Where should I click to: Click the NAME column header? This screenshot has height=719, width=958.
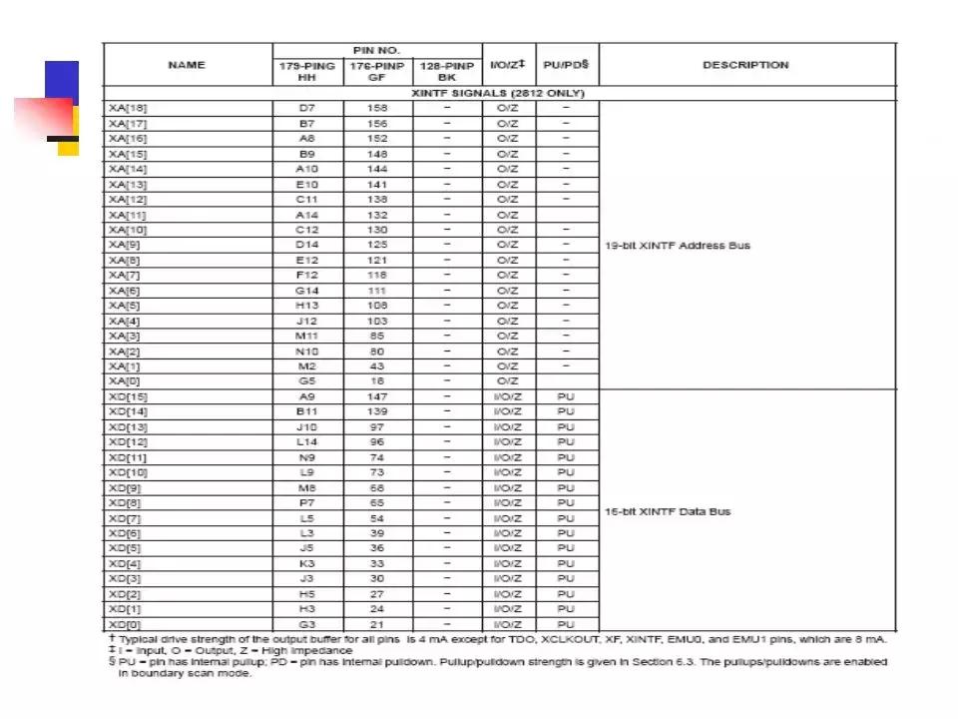point(187,65)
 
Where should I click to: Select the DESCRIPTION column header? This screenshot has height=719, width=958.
point(745,65)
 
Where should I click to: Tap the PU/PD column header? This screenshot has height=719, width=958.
point(566,65)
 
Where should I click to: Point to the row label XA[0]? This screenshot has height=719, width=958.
point(126,381)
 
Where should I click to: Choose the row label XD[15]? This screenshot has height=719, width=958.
point(130,396)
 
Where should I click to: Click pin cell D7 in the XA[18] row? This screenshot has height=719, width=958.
point(307,108)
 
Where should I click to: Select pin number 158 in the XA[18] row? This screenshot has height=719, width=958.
point(378,108)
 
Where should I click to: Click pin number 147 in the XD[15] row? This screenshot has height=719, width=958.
point(377,396)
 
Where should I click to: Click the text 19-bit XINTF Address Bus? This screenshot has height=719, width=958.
point(678,245)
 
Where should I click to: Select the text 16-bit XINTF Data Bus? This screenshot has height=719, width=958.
point(668,511)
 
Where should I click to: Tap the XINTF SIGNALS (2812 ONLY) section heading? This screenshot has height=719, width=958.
point(499,93)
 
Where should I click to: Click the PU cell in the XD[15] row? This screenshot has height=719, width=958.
point(566,396)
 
